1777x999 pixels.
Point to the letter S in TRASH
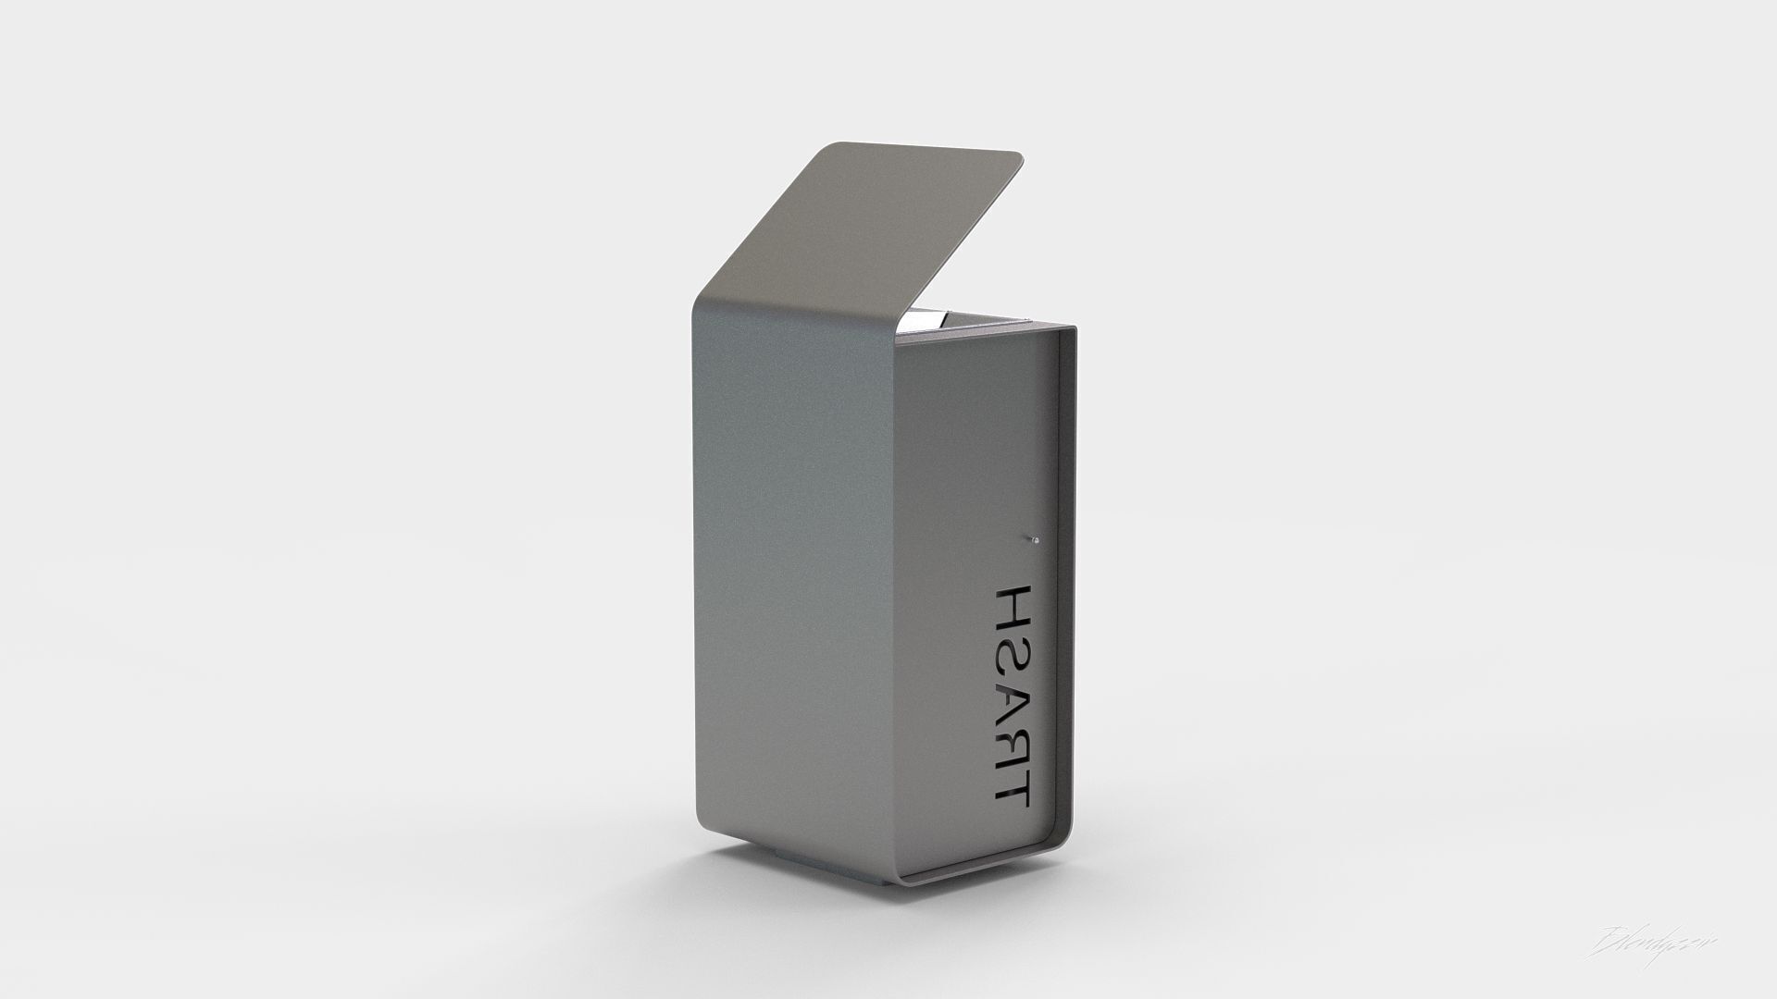tap(1012, 639)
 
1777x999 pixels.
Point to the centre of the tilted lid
tap(870, 231)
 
